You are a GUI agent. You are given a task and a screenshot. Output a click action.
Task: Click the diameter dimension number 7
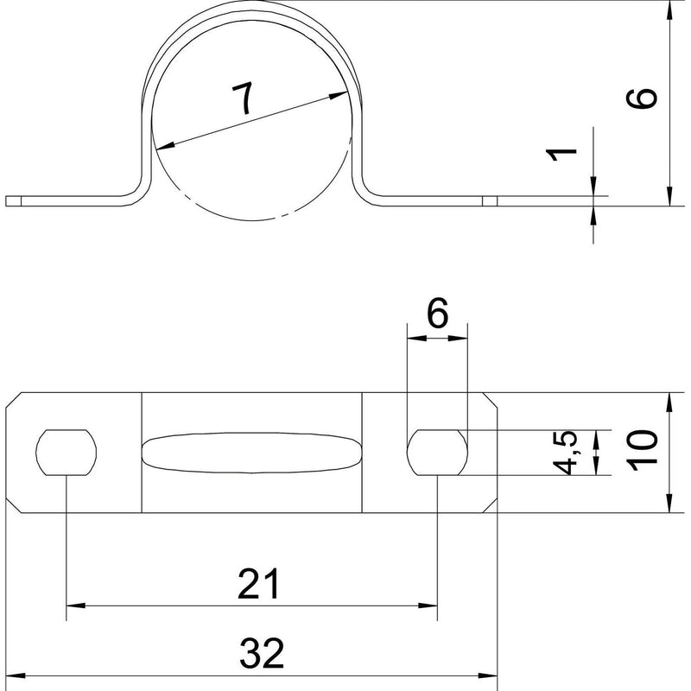pos(243,98)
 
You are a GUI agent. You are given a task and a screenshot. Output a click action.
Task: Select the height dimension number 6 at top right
pos(642,98)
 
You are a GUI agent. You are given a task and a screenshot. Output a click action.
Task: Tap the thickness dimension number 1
pos(561,155)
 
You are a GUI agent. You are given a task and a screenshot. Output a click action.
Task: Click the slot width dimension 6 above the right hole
pos(437,313)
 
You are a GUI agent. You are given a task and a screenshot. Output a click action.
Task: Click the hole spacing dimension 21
pos(258,584)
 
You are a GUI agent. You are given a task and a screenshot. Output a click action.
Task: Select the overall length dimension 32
pos(262,653)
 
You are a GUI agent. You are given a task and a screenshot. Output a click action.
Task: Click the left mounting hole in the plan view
pos(67,453)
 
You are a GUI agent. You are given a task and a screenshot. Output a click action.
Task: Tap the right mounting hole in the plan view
pos(437,453)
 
